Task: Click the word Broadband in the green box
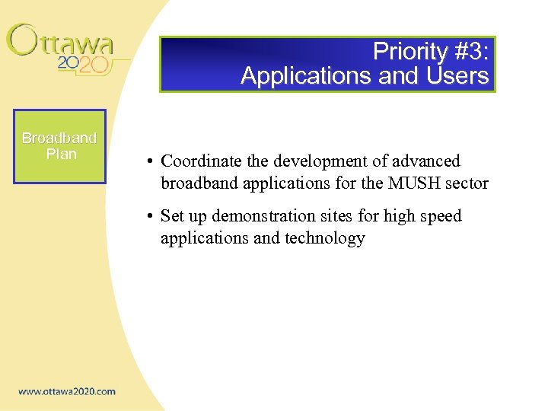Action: click(x=59, y=138)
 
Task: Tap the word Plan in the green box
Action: click(x=61, y=154)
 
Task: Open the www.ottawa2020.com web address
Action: click(x=67, y=391)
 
